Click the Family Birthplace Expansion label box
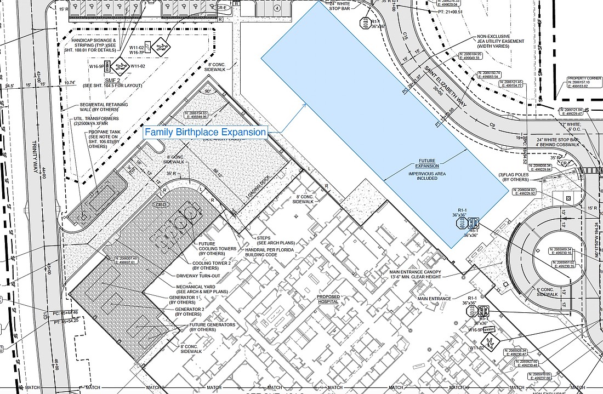pos(206,132)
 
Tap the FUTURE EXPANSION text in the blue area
pos(427,163)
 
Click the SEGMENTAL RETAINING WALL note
pos(104,107)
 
